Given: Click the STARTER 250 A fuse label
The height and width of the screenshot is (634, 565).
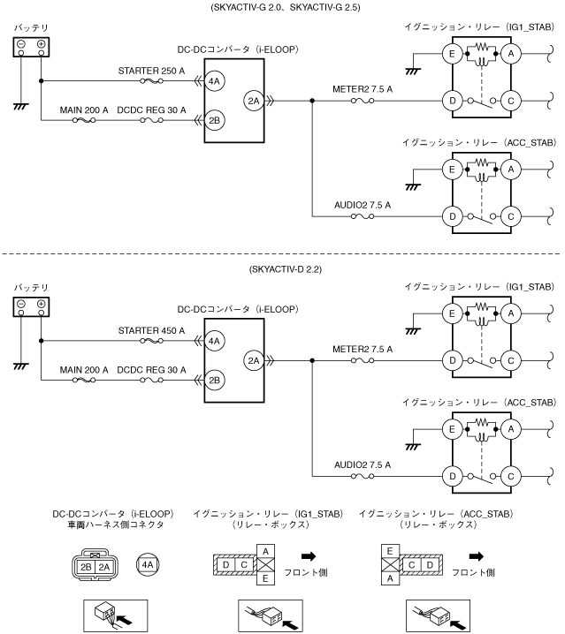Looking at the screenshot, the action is point(151,71).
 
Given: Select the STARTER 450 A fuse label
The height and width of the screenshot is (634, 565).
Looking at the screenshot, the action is point(151,331).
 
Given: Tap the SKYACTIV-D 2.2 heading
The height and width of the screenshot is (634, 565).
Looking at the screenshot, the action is point(285,269).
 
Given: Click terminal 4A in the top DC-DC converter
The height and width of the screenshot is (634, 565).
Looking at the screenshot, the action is point(214,81).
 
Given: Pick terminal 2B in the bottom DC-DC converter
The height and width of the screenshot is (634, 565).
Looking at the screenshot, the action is point(214,380).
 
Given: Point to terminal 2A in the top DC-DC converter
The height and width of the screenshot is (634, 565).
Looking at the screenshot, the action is point(254,101).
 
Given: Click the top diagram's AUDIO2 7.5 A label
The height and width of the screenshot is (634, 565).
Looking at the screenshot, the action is point(363,205).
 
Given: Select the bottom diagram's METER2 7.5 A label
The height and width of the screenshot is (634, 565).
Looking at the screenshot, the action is point(363,349).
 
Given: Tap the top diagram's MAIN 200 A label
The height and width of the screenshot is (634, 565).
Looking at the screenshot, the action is point(84,110).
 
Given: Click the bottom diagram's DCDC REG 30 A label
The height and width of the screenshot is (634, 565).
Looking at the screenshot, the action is point(151,370).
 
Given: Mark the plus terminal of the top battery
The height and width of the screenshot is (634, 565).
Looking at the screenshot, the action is point(41,44).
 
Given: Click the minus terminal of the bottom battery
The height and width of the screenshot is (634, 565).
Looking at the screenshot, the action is point(21,304).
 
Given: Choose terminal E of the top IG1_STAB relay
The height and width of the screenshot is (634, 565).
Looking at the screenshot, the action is point(452,54).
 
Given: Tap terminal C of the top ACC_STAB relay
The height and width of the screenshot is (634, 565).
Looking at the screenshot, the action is point(511,216).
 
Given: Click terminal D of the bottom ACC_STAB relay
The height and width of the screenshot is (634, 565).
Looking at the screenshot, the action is point(453,476).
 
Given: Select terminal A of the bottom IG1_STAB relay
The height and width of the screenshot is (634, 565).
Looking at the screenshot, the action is point(511,313).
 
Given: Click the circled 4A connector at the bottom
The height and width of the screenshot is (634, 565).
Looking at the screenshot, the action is point(148,564).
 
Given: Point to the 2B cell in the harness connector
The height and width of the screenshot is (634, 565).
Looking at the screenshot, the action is point(86,567).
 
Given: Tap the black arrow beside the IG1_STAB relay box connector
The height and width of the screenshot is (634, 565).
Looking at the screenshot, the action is point(309,556).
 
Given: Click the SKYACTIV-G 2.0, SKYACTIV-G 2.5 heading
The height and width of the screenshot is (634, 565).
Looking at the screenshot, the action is point(285,7).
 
